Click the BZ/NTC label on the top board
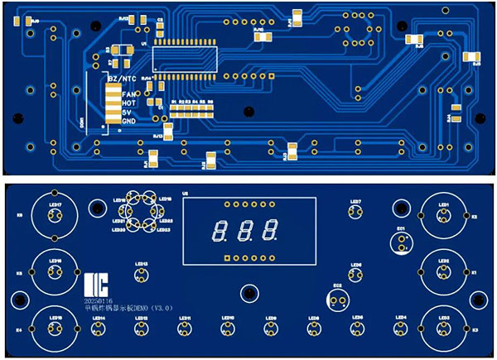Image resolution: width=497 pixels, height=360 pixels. pyautogui.click(x=124, y=77)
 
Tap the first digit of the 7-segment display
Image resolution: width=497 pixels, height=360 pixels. pyautogui.click(x=220, y=230)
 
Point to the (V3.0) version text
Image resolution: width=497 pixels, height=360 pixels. pyautogui.click(x=153, y=307)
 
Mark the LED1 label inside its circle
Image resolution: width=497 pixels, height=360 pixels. pyautogui.click(x=443, y=204)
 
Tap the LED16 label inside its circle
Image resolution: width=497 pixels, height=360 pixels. pyautogui.click(x=55, y=259)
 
